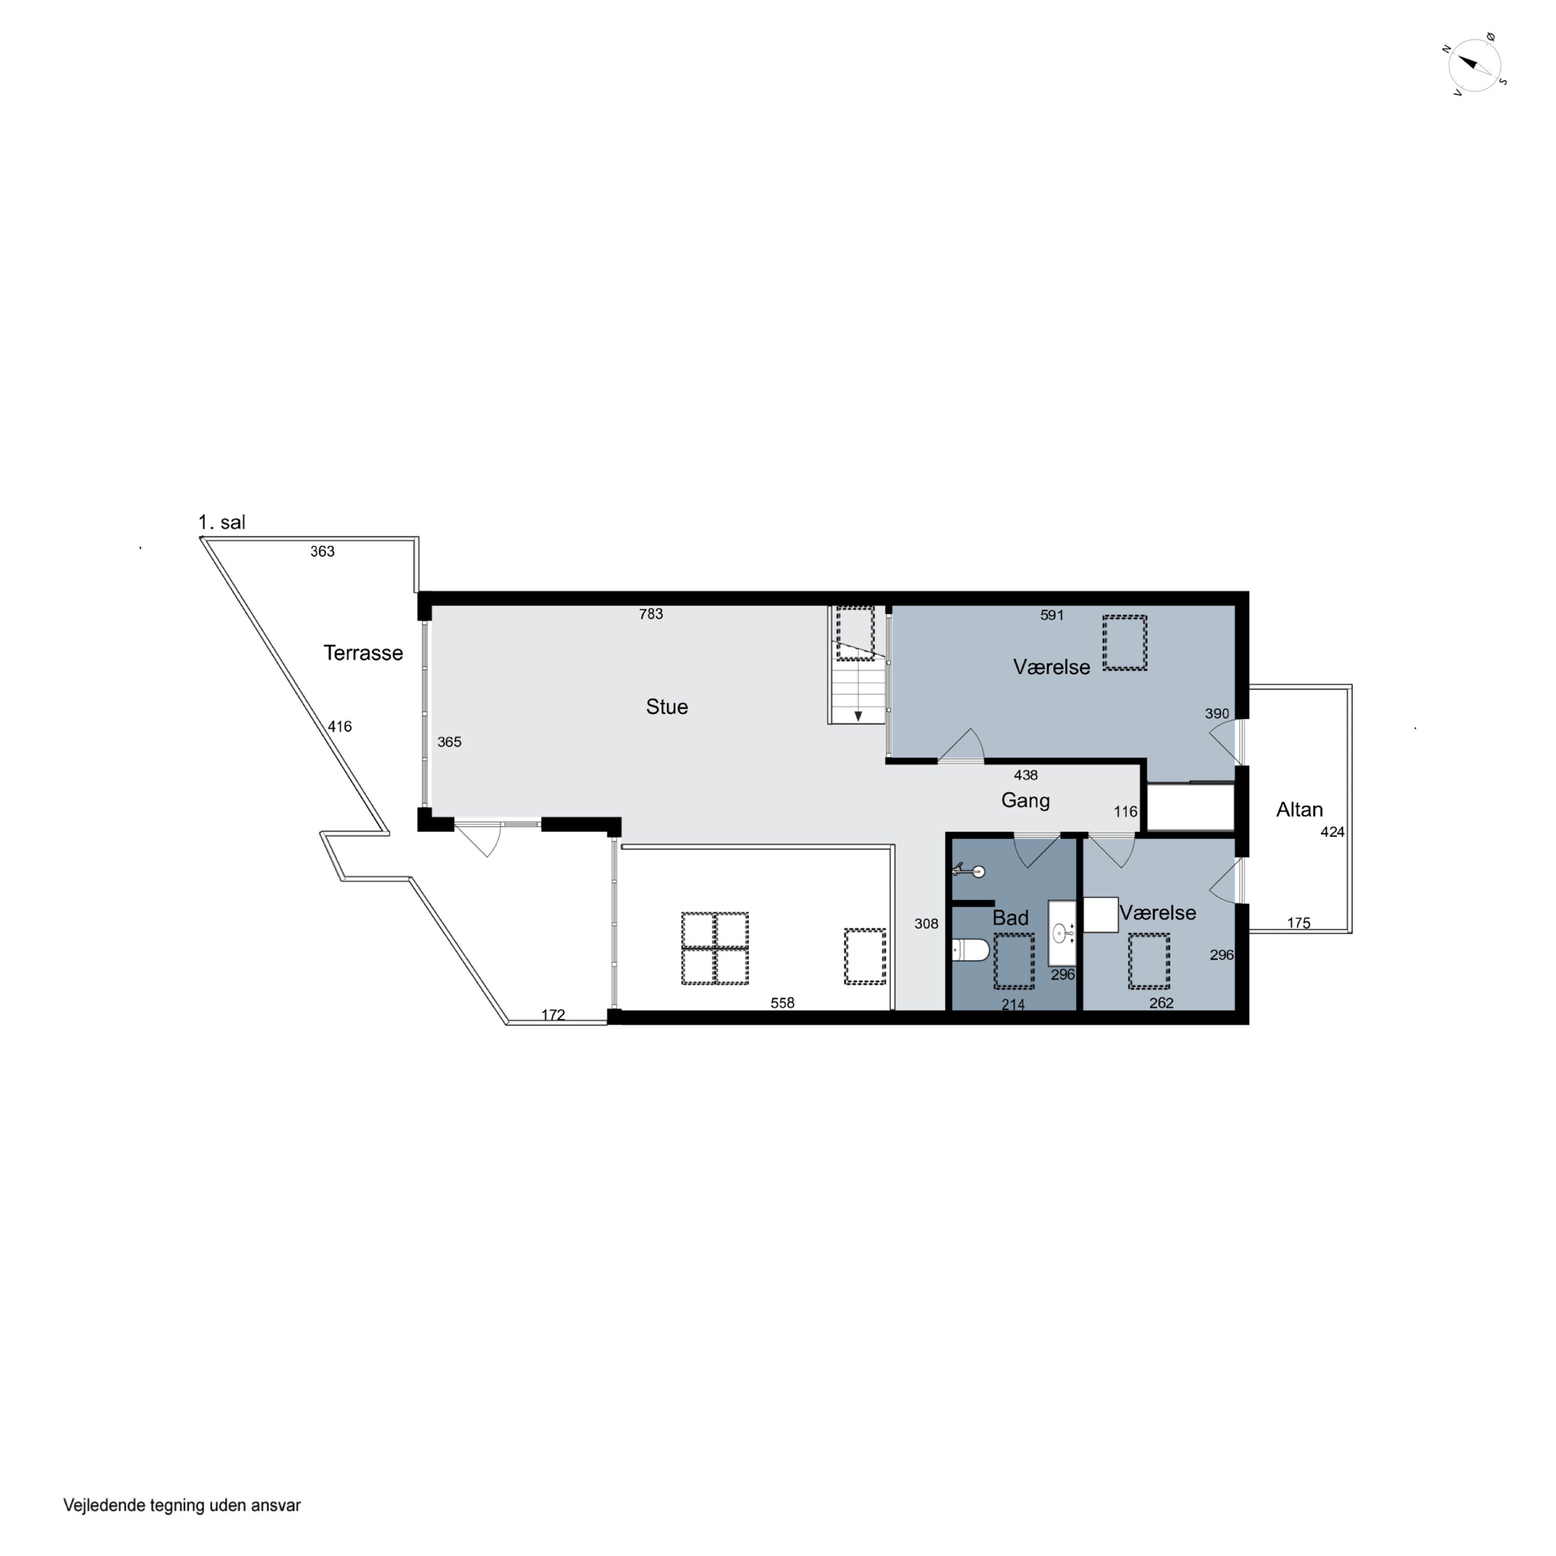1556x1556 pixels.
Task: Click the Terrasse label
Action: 363,653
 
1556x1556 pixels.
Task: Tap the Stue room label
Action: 667,707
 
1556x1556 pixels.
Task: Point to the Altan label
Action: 1299,810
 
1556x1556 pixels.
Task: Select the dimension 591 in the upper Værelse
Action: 1052,615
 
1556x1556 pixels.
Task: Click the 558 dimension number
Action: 782,1003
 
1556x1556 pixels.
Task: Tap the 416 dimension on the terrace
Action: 340,727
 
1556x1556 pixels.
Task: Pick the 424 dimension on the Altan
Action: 1332,832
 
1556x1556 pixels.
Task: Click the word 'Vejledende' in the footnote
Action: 103,1505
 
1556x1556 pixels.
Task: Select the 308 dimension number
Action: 926,924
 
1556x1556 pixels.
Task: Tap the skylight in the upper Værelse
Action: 1124,643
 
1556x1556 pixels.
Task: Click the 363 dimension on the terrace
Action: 322,552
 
